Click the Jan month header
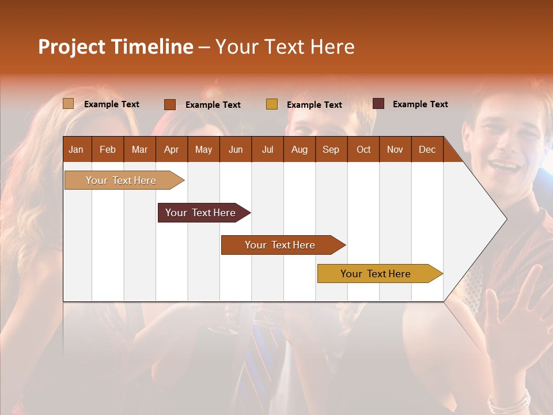[x=77, y=149]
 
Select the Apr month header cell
[x=172, y=149]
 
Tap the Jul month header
[x=267, y=149]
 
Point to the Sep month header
[x=331, y=149]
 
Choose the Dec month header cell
[x=427, y=149]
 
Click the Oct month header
[x=363, y=149]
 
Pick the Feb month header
[x=108, y=149]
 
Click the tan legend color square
[x=68, y=104]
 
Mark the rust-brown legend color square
[x=170, y=104]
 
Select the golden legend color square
[x=272, y=104]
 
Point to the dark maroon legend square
[x=378, y=104]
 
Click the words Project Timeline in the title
[x=116, y=47]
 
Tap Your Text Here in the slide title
[x=285, y=47]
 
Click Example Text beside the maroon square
[x=420, y=104]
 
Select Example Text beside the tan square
[x=112, y=104]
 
